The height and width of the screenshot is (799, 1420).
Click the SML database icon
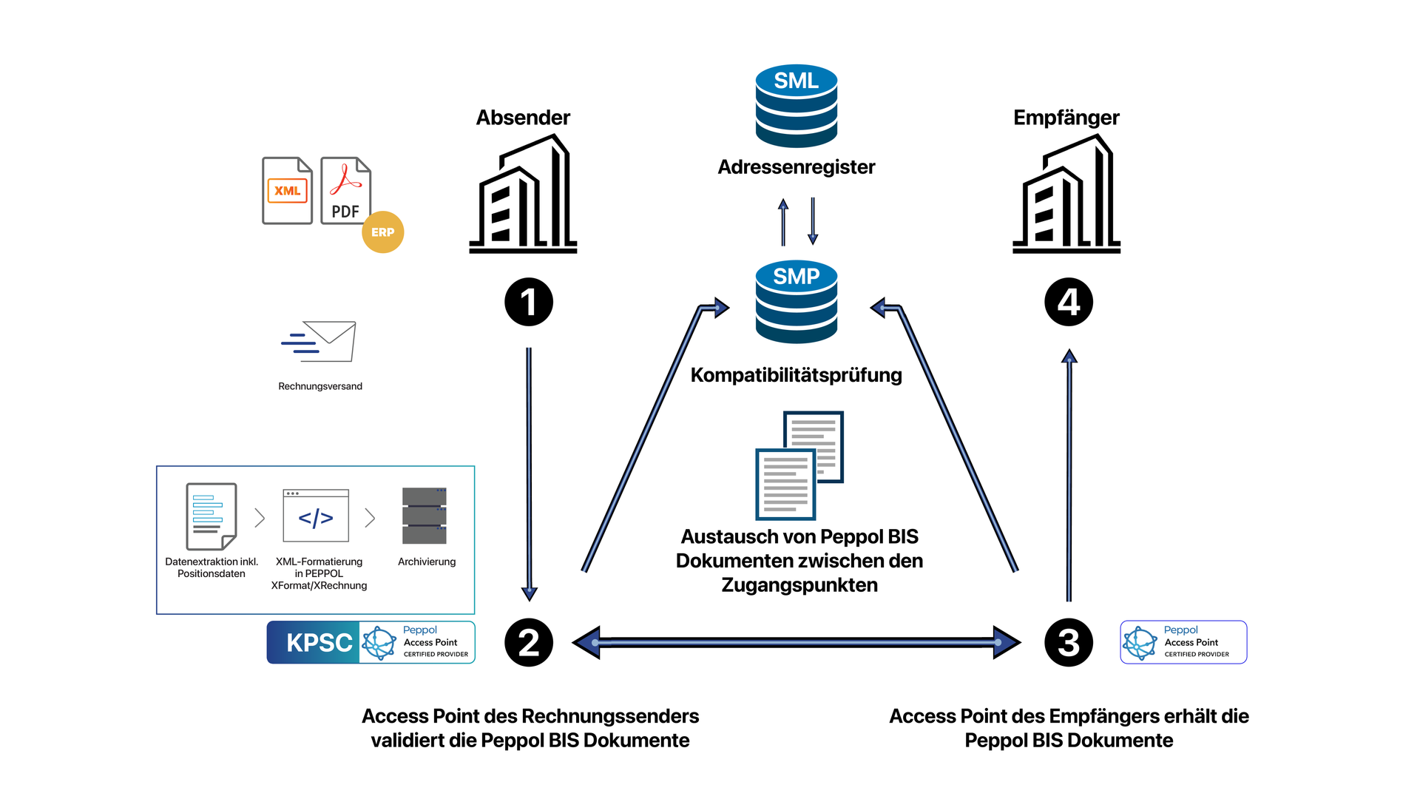(x=796, y=105)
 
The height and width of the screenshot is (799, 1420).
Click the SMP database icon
(x=796, y=301)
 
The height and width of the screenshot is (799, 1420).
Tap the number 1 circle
(x=528, y=302)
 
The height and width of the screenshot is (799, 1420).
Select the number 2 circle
(x=528, y=642)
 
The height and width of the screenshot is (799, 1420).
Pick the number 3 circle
(x=1068, y=642)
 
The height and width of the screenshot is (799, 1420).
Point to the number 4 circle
(x=1068, y=302)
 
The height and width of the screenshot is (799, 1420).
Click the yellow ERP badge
(x=382, y=232)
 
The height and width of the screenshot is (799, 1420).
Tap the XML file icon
(x=287, y=191)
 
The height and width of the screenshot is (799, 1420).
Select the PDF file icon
(x=345, y=191)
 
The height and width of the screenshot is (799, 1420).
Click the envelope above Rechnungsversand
(x=319, y=341)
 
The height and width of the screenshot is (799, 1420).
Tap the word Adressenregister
(x=796, y=167)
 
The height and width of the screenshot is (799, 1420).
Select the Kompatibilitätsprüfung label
(x=796, y=375)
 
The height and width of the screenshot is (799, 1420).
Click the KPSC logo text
(x=319, y=643)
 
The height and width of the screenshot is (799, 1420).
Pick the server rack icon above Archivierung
(x=425, y=516)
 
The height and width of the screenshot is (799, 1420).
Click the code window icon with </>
(x=316, y=516)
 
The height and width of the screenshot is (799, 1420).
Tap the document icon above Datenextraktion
(x=212, y=516)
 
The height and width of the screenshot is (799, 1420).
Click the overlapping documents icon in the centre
(x=799, y=465)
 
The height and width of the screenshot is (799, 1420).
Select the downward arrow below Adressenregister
(x=813, y=220)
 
